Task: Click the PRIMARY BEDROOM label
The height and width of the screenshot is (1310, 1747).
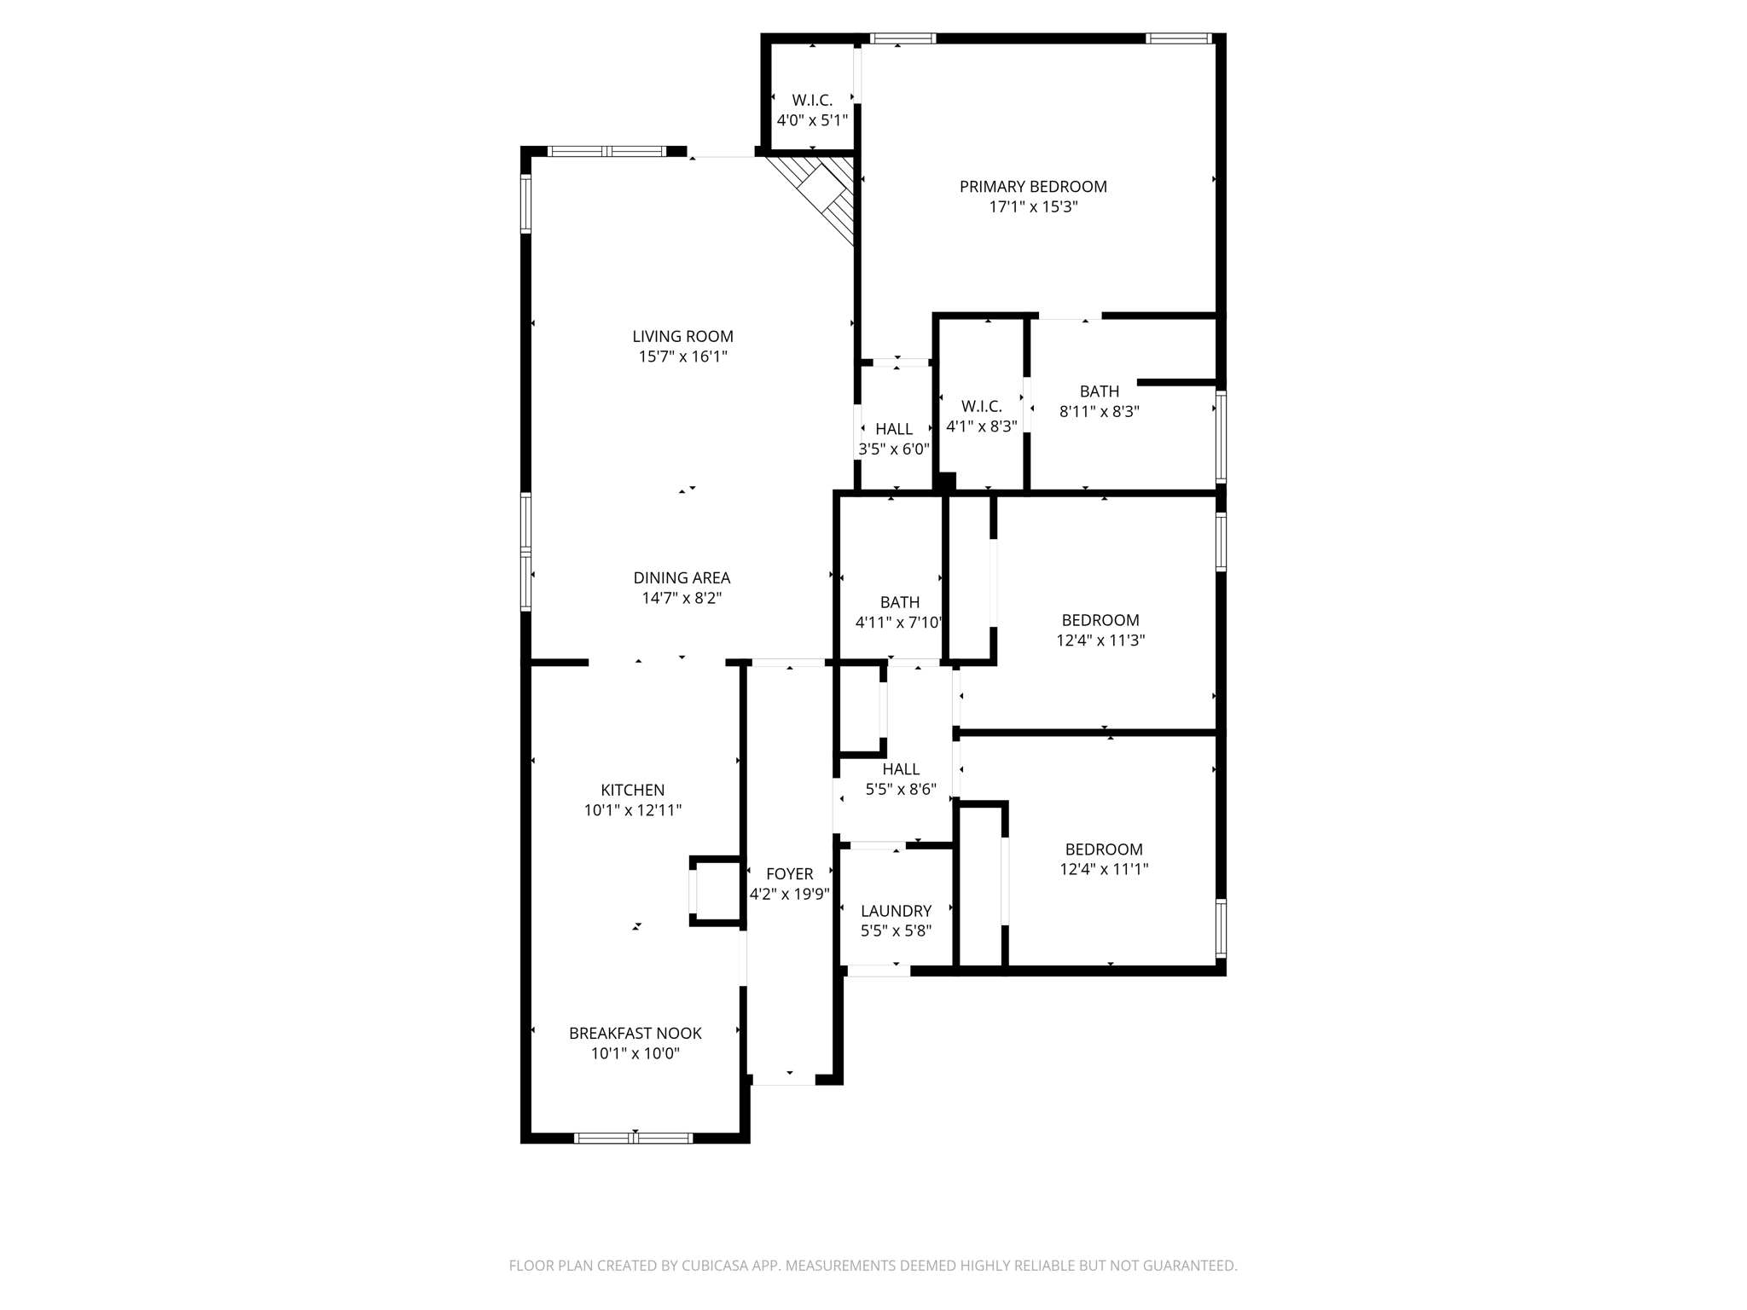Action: tap(1033, 187)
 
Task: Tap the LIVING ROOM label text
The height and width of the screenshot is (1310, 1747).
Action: tap(682, 337)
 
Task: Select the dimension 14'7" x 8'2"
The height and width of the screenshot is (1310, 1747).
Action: tap(682, 599)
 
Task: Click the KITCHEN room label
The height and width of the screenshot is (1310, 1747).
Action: tap(632, 791)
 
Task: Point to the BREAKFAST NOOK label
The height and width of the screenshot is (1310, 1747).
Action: tap(636, 1034)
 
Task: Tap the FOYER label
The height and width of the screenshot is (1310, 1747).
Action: tap(789, 874)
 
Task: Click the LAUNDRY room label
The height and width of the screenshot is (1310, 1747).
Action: tap(896, 912)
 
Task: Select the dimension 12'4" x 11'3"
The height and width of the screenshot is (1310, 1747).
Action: tap(1100, 641)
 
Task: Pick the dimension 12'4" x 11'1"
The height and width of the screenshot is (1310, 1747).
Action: tap(1104, 870)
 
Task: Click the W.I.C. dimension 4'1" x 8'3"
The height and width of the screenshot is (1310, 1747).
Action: tap(982, 426)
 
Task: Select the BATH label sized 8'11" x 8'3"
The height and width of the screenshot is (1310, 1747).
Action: tap(1100, 391)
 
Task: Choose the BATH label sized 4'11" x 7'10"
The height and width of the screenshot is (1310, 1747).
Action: tap(900, 603)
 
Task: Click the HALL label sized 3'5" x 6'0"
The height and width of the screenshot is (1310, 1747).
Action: tap(894, 429)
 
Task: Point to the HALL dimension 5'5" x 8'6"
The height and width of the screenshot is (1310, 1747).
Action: tap(901, 790)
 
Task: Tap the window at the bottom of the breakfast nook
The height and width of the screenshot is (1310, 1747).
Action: tap(634, 1138)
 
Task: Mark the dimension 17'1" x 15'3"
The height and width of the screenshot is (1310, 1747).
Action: tap(1033, 207)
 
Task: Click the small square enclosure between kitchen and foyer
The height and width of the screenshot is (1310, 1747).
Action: tap(716, 891)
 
